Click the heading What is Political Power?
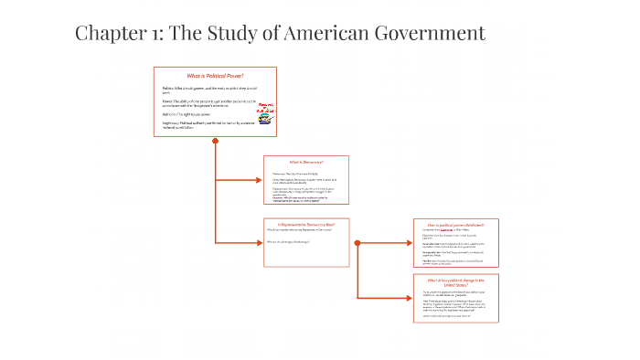tap(215, 75)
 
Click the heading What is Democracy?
tap(306, 162)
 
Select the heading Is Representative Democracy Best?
tap(306, 224)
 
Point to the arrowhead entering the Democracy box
tap(260, 180)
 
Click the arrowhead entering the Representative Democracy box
tap(260, 242)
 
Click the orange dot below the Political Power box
tap(215, 141)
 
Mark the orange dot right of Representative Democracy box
tap(356, 242)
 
